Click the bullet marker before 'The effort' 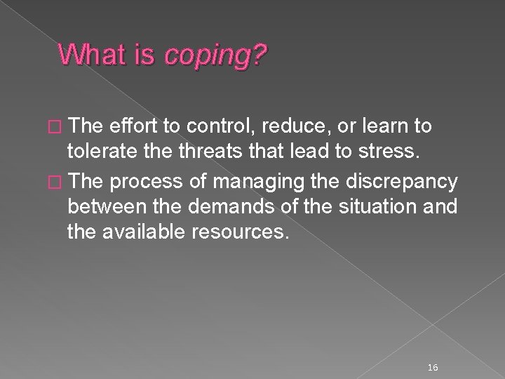[57, 126]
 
